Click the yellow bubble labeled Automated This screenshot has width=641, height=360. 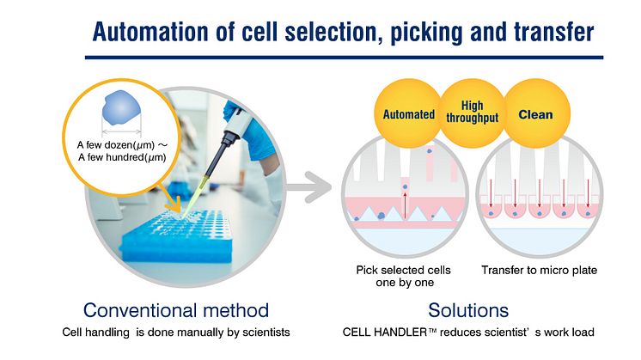[408, 114]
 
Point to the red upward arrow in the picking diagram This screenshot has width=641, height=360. [406, 207]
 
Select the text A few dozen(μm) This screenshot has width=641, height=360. [120, 143]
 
